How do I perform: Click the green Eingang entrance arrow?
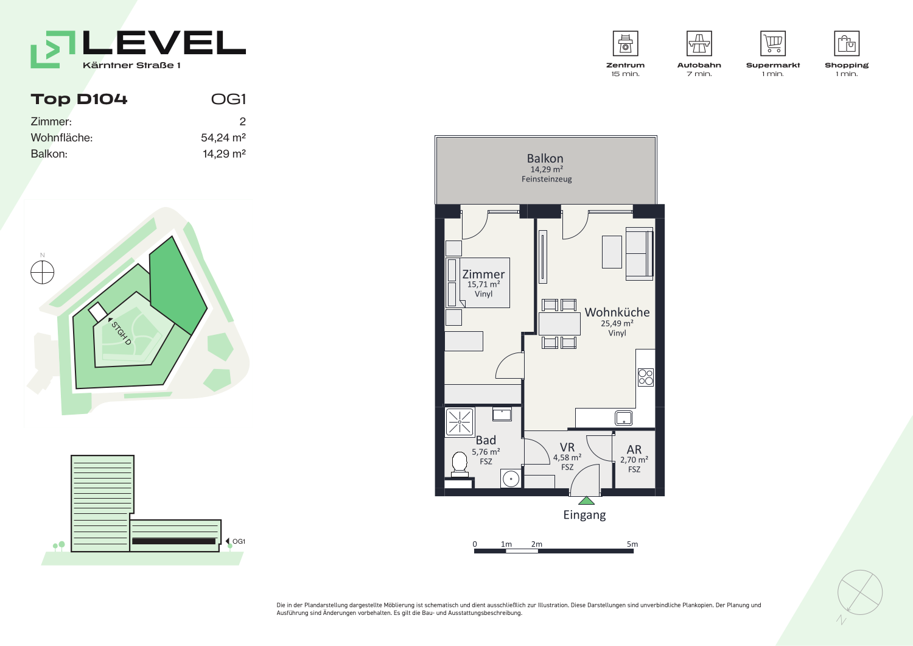pos(586,500)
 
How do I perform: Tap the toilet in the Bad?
pos(460,464)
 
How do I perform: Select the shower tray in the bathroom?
pos(460,422)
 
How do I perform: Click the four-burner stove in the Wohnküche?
pos(646,377)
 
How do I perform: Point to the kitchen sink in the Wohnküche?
pos(624,418)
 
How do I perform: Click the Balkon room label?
pos(545,158)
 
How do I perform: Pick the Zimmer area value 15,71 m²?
pos(483,284)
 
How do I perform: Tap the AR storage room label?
pos(634,449)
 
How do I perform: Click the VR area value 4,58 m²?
pos(567,458)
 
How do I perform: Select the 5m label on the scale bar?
pos(632,544)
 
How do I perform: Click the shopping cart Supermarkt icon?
pos(773,43)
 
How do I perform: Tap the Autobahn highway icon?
pos(699,43)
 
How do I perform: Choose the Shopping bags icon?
pos(847,43)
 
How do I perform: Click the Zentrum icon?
pos(625,43)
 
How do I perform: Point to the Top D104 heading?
pos(79,99)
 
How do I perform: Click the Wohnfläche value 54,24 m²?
pos(223,138)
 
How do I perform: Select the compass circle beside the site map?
pos(43,272)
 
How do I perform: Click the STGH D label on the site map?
pos(122,333)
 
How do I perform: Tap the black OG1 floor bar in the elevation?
pos(173,541)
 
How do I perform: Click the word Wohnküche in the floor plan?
pos(617,312)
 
